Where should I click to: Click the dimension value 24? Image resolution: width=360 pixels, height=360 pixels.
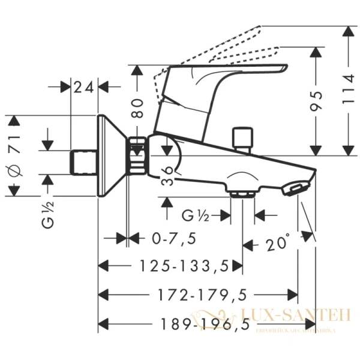[x=84, y=87]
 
